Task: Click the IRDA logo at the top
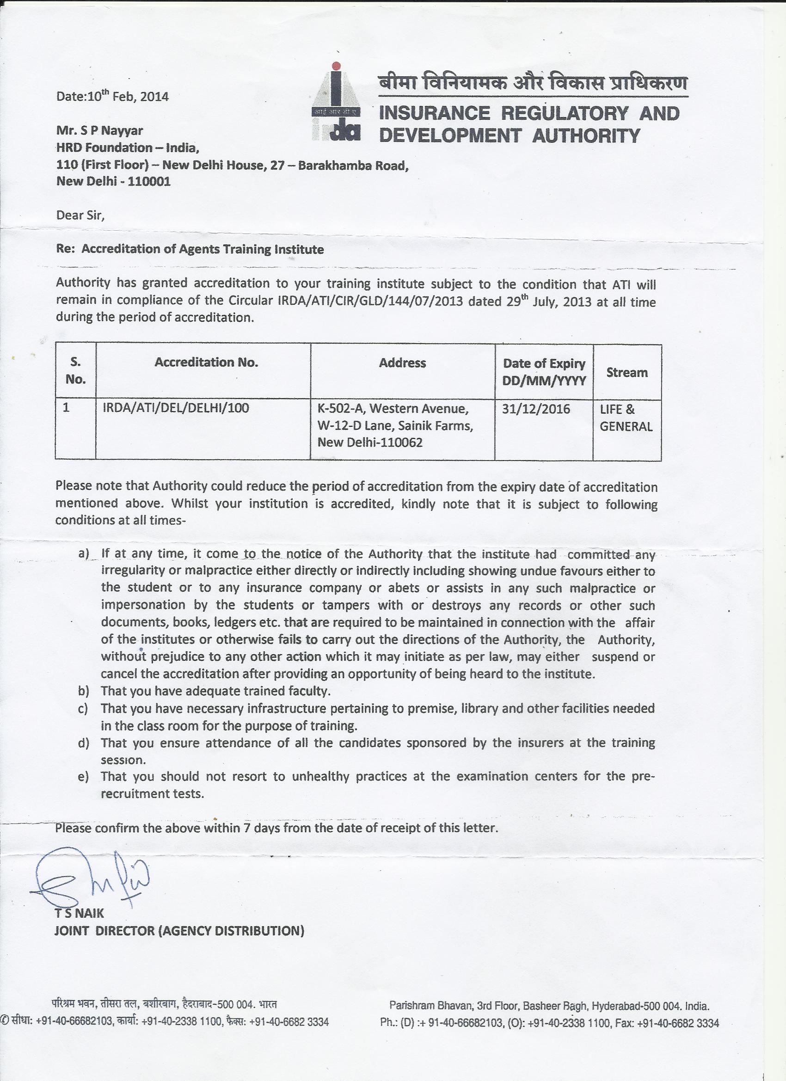[x=338, y=102]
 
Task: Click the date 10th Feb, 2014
[x=112, y=96]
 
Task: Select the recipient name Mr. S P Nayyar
[x=99, y=130]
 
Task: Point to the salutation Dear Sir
[x=80, y=215]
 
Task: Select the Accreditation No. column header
[x=206, y=362]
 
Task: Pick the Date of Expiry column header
[x=544, y=372]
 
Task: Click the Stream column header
[x=627, y=372]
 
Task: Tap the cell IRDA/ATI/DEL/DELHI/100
[x=176, y=408]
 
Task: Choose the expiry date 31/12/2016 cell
[x=536, y=409]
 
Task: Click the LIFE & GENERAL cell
[x=626, y=418]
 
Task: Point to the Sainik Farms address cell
[x=395, y=426]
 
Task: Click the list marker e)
[x=84, y=777]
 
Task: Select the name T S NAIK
[x=79, y=914]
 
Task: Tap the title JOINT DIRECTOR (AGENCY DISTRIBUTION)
[x=179, y=930]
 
